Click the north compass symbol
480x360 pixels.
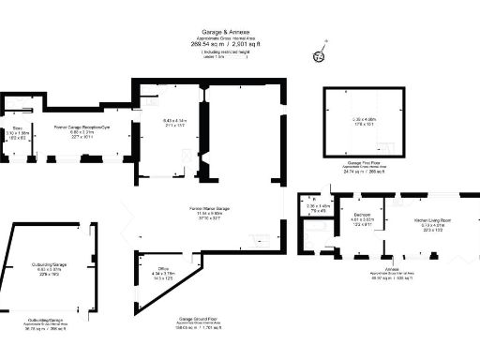[x=319, y=54]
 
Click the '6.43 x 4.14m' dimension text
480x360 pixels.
[x=175, y=120]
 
